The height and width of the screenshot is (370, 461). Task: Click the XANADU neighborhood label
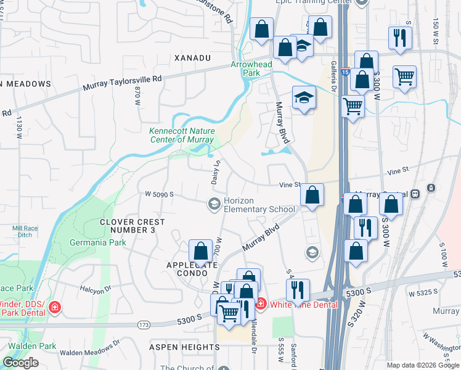(192, 57)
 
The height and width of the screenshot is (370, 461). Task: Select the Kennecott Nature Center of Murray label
(182, 135)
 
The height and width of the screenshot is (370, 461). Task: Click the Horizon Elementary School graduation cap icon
(214, 204)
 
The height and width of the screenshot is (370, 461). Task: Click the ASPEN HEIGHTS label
(181, 347)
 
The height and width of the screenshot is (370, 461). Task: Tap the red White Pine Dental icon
(261, 304)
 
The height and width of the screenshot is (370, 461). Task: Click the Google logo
(20, 363)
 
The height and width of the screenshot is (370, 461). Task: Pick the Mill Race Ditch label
(22, 231)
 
